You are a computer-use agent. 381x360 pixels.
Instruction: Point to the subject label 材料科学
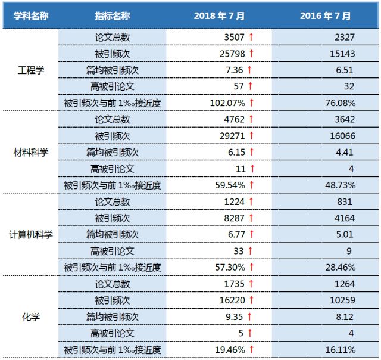click(x=30, y=152)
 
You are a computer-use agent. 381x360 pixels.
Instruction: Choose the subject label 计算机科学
click(x=30, y=234)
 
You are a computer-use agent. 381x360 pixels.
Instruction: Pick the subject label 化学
click(x=30, y=316)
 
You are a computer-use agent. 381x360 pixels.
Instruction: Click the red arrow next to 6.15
click(x=251, y=153)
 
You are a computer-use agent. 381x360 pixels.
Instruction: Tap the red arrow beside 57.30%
click(x=251, y=268)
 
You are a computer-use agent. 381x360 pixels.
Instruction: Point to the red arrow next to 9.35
click(x=251, y=317)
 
